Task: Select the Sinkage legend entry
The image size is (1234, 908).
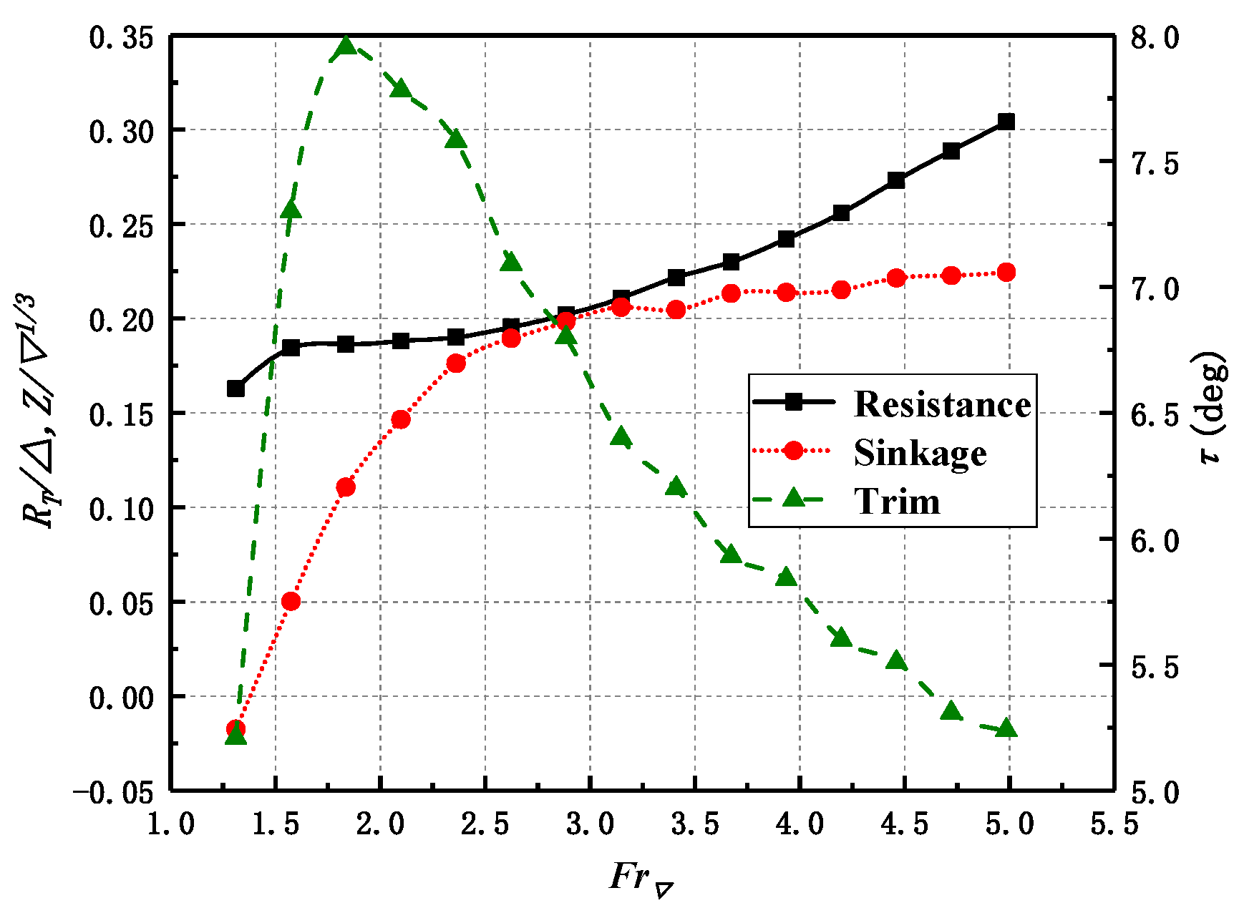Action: coord(920,452)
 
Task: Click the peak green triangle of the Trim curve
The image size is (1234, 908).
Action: coord(346,47)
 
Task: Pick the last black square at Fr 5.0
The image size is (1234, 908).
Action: coord(1006,122)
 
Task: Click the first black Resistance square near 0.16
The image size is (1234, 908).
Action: coord(235,389)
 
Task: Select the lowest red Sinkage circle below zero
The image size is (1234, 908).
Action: coord(235,729)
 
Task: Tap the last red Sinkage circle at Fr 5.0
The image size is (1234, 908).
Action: coord(1006,272)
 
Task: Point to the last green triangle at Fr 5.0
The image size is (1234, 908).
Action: coord(1006,728)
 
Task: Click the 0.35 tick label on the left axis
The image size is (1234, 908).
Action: coord(122,37)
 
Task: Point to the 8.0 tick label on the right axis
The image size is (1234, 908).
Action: coord(1155,37)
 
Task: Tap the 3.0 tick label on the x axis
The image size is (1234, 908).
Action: coord(590,824)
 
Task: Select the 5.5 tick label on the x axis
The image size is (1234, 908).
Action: coord(1114,824)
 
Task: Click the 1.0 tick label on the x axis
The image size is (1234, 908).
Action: coord(170,824)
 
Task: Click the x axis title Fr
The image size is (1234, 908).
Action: coord(641,879)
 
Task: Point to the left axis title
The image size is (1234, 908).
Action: coord(39,411)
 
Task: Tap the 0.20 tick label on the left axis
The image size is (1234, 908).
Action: coord(122,321)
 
